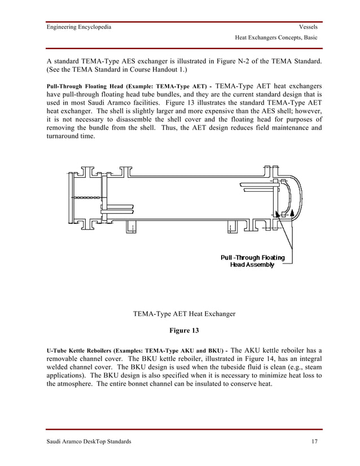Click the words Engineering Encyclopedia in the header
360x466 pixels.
pyautogui.click(x=78, y=27)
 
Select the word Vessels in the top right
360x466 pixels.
pyautogui.click(x=308, y=27)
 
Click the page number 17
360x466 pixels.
pyautogui.click(x=314, y=442)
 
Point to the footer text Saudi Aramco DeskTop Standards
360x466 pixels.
pyautogui.click(x=89, y=442)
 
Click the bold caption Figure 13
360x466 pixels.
pyautogui.click(x=180, y=329)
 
